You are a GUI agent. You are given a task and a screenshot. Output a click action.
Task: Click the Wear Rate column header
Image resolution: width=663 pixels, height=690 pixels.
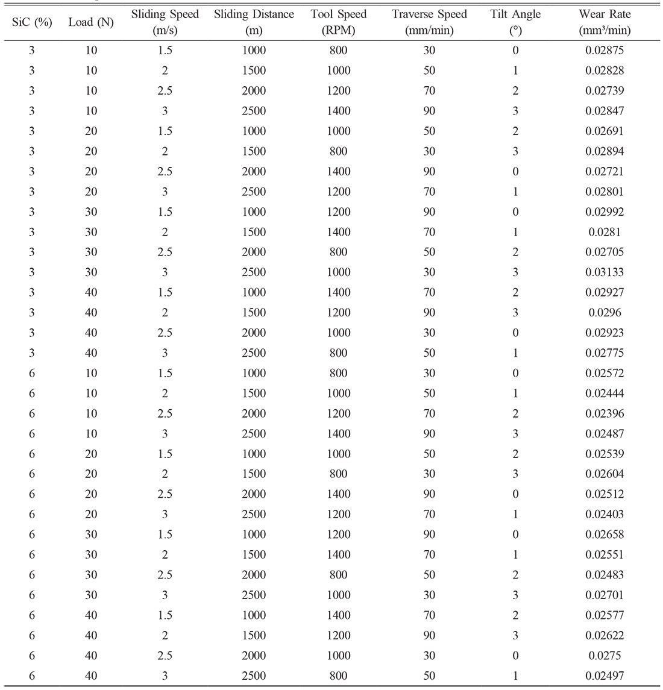coord(604,22)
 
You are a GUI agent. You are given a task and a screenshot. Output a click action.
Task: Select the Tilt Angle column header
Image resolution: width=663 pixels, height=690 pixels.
coord(515,22)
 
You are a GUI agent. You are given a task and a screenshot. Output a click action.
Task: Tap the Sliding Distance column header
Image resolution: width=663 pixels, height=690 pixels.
coord(254,22)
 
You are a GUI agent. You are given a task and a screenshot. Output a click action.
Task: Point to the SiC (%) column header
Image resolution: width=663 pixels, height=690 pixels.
coord(32,23)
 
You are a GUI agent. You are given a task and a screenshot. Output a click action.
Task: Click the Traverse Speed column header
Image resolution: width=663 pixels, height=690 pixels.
coord(429,22)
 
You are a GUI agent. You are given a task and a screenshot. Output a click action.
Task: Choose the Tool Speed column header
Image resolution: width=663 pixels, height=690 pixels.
coord(338,22)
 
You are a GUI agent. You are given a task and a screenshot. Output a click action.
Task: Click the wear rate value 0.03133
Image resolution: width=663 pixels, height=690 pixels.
coord(604,272)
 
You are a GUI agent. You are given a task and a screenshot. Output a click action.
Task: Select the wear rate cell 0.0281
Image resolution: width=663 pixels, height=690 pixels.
coord(604,232)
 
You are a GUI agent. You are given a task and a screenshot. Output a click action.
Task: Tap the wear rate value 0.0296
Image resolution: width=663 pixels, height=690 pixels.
coord(604,313)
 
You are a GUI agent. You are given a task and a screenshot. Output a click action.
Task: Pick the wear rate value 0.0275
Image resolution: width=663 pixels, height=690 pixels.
coord(604,656)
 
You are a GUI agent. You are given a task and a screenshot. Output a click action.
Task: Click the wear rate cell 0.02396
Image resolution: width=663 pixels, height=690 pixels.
coord(604,413)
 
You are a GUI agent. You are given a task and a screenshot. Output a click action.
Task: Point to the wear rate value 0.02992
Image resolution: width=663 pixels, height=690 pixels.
coord(604,212)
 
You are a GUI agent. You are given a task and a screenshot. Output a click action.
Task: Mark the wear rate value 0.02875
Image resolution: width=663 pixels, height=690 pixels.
coord(604,51)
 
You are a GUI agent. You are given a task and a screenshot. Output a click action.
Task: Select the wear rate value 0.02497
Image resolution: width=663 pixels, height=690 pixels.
coord(604,676)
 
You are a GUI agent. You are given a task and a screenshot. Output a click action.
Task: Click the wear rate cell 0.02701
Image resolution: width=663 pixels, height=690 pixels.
coord(604,595)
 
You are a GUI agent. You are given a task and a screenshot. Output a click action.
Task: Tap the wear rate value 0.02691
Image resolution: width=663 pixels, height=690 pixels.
coord(604,131)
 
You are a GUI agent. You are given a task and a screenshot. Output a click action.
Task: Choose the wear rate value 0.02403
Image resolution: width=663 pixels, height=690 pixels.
coord(604,514)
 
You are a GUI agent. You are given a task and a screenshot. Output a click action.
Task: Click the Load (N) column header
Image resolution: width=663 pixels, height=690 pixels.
coord(90,23)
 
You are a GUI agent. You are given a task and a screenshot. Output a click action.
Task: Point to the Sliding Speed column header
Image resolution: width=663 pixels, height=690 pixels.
coord(165,22)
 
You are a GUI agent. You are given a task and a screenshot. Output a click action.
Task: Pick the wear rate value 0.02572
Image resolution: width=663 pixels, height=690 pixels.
coord(604,373)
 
